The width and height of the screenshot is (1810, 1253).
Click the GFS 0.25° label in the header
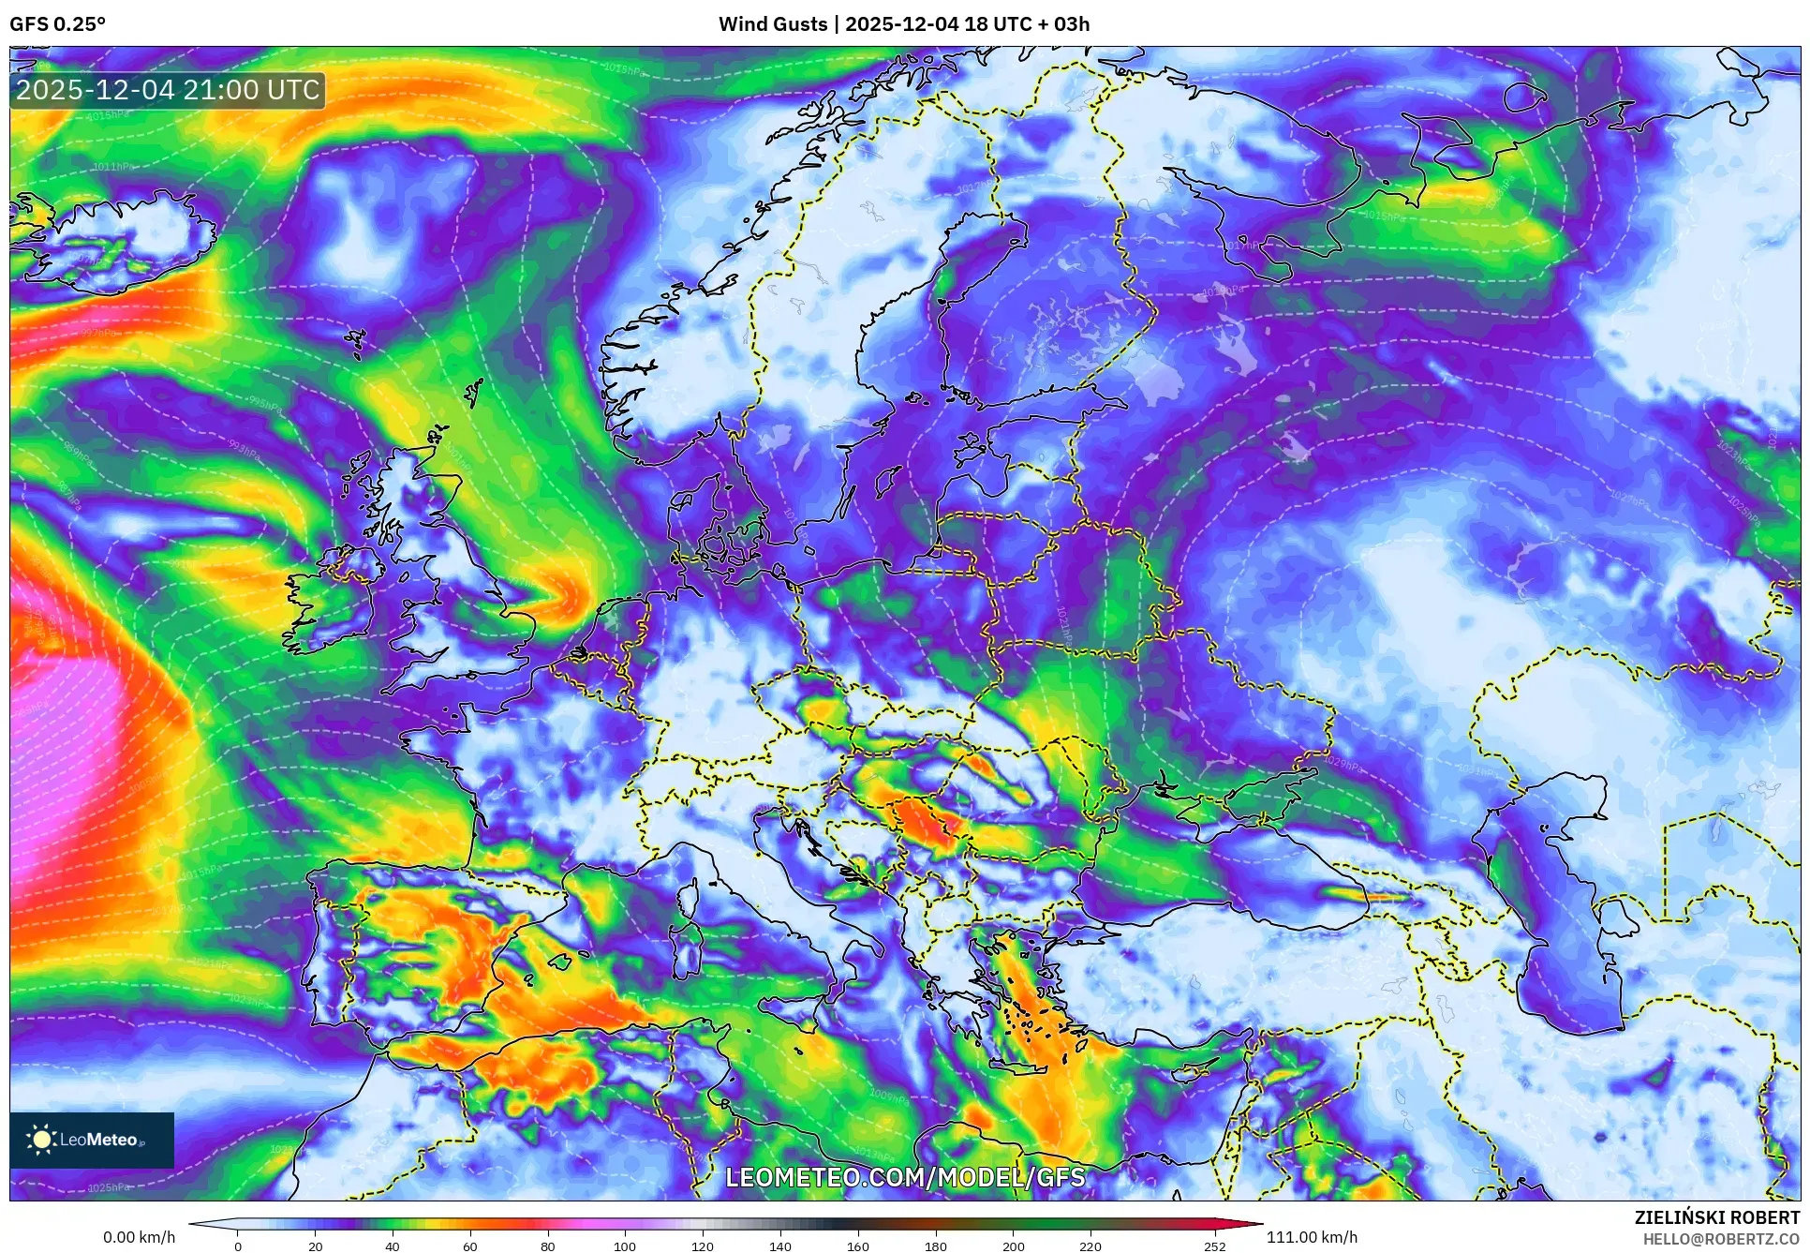coord(57,24)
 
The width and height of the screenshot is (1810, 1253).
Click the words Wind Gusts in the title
coord(773,24)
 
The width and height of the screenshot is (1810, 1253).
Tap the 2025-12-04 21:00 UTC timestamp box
coord(168,91)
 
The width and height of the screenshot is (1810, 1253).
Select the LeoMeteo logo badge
coord(92,1140)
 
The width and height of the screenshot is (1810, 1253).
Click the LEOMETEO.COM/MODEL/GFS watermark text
coord(905,1177)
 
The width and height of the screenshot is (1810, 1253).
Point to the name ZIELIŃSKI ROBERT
coord(1716,1217)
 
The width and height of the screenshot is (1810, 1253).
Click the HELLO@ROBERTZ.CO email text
coord(1721,1239)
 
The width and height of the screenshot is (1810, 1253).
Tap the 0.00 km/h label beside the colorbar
coord(139,1237)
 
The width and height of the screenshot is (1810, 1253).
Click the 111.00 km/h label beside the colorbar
coord(1312,1237)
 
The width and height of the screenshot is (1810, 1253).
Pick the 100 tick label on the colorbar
coord(625,1246)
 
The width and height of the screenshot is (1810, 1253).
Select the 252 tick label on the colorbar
coord(1214,1246)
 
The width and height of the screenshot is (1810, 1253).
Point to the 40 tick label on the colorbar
coord(393,1246)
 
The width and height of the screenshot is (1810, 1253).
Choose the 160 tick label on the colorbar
coord(857,1246)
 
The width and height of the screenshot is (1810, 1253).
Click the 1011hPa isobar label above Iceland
coord(112,167)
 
